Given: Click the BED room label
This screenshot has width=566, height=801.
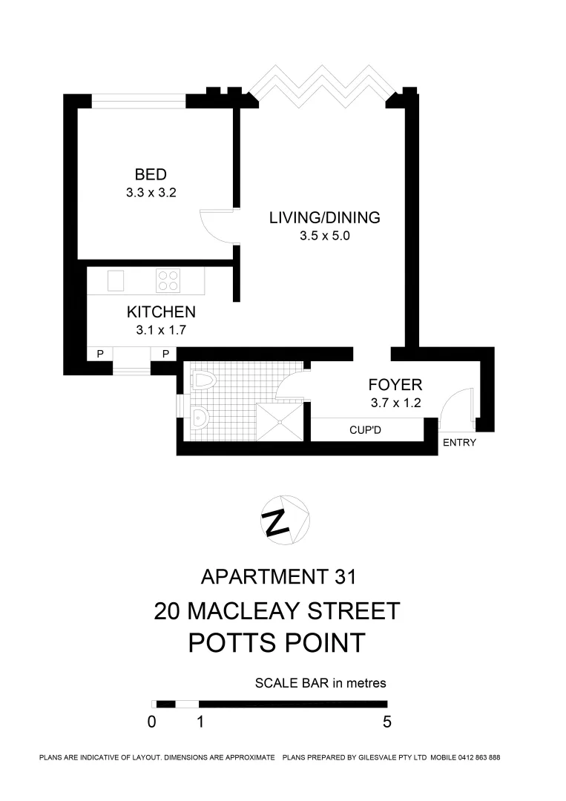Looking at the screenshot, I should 150,175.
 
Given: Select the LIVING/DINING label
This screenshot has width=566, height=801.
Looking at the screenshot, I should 324,218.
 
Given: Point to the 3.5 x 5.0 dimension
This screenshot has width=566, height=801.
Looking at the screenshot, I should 324,237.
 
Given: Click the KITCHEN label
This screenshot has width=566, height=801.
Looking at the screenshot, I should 161,312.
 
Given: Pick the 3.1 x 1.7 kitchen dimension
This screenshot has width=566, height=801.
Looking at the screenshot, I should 161,330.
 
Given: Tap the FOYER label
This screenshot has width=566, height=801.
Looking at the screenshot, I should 395,385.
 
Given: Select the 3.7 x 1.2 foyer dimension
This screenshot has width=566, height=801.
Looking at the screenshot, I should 395,403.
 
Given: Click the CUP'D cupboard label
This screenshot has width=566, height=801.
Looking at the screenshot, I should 366,429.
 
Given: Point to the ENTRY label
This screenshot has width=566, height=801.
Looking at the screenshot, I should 459,443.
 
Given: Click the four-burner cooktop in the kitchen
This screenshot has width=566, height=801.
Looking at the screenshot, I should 168,280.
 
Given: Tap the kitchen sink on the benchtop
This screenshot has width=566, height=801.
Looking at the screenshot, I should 116,281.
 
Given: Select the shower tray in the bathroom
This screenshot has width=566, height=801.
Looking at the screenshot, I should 279,421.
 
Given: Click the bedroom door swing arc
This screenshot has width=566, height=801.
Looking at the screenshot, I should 215,225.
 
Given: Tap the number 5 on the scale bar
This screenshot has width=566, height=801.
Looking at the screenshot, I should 386,722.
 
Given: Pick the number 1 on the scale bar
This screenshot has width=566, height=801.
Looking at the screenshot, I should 200,722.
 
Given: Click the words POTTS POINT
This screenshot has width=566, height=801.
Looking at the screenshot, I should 277,642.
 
